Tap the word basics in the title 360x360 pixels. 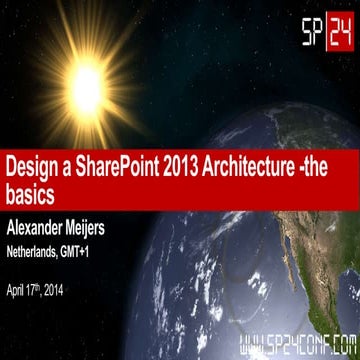click(x=31, y=188)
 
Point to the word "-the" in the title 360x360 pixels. click(x=334, y=162)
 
